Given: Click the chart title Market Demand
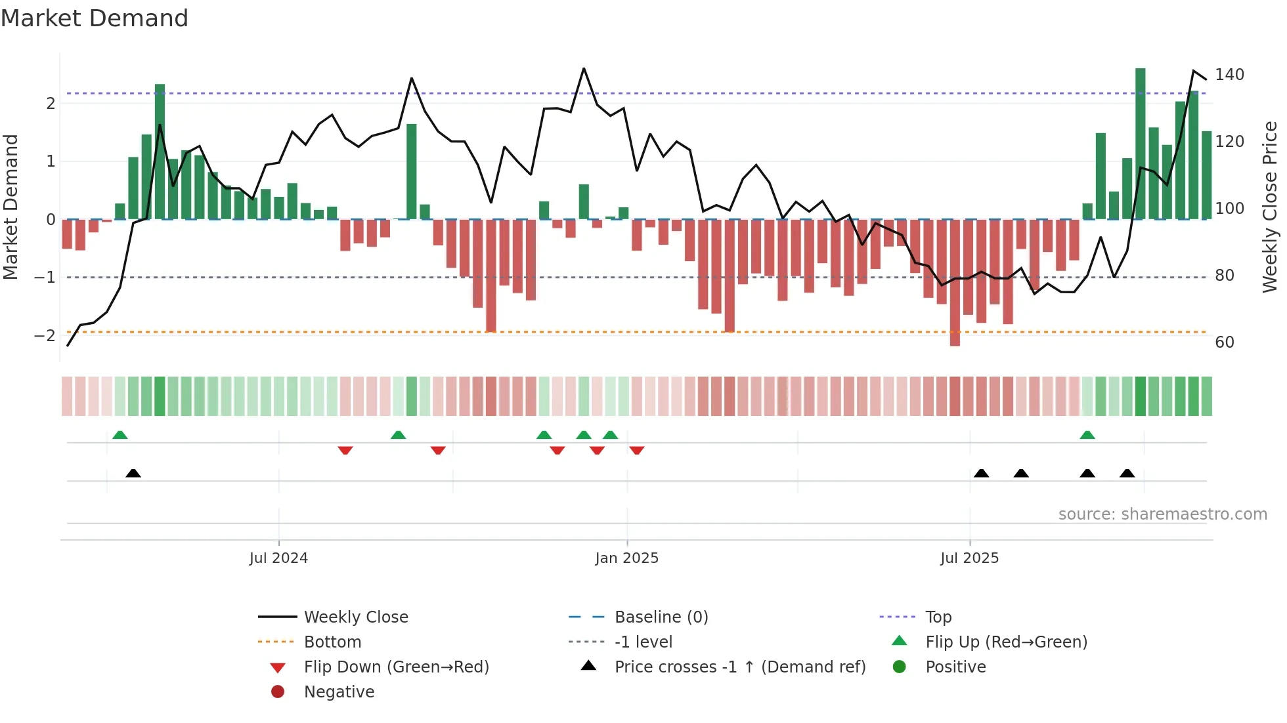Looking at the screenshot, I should tap(95, 18).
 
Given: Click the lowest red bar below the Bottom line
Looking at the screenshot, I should tap(955, 282).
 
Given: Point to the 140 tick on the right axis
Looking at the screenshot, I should tap(1229, 75).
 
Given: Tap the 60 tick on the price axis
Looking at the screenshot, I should tap(1225, 342).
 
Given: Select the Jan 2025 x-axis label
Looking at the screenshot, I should tap(626, 558).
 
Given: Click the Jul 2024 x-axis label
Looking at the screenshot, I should tap(278, 558).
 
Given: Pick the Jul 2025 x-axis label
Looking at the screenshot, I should tap(969, 558).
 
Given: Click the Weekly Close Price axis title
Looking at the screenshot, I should tap(1270, 207).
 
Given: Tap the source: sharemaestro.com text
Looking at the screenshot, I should tap(1162, 514).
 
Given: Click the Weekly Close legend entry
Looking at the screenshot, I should tap(355, 617).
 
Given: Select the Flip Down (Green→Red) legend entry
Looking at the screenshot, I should tap(396, 667).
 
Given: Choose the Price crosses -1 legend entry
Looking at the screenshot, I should tap(739, 667).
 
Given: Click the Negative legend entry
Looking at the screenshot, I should tap(339, 692).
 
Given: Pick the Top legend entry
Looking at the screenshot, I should tap(938, 617).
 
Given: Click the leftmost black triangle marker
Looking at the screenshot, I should tap(133, 473).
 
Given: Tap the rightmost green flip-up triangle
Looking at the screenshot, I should tap(1087, 435).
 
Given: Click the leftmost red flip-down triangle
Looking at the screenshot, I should tap(345, 450).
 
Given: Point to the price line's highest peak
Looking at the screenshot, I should tap(584, 68).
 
